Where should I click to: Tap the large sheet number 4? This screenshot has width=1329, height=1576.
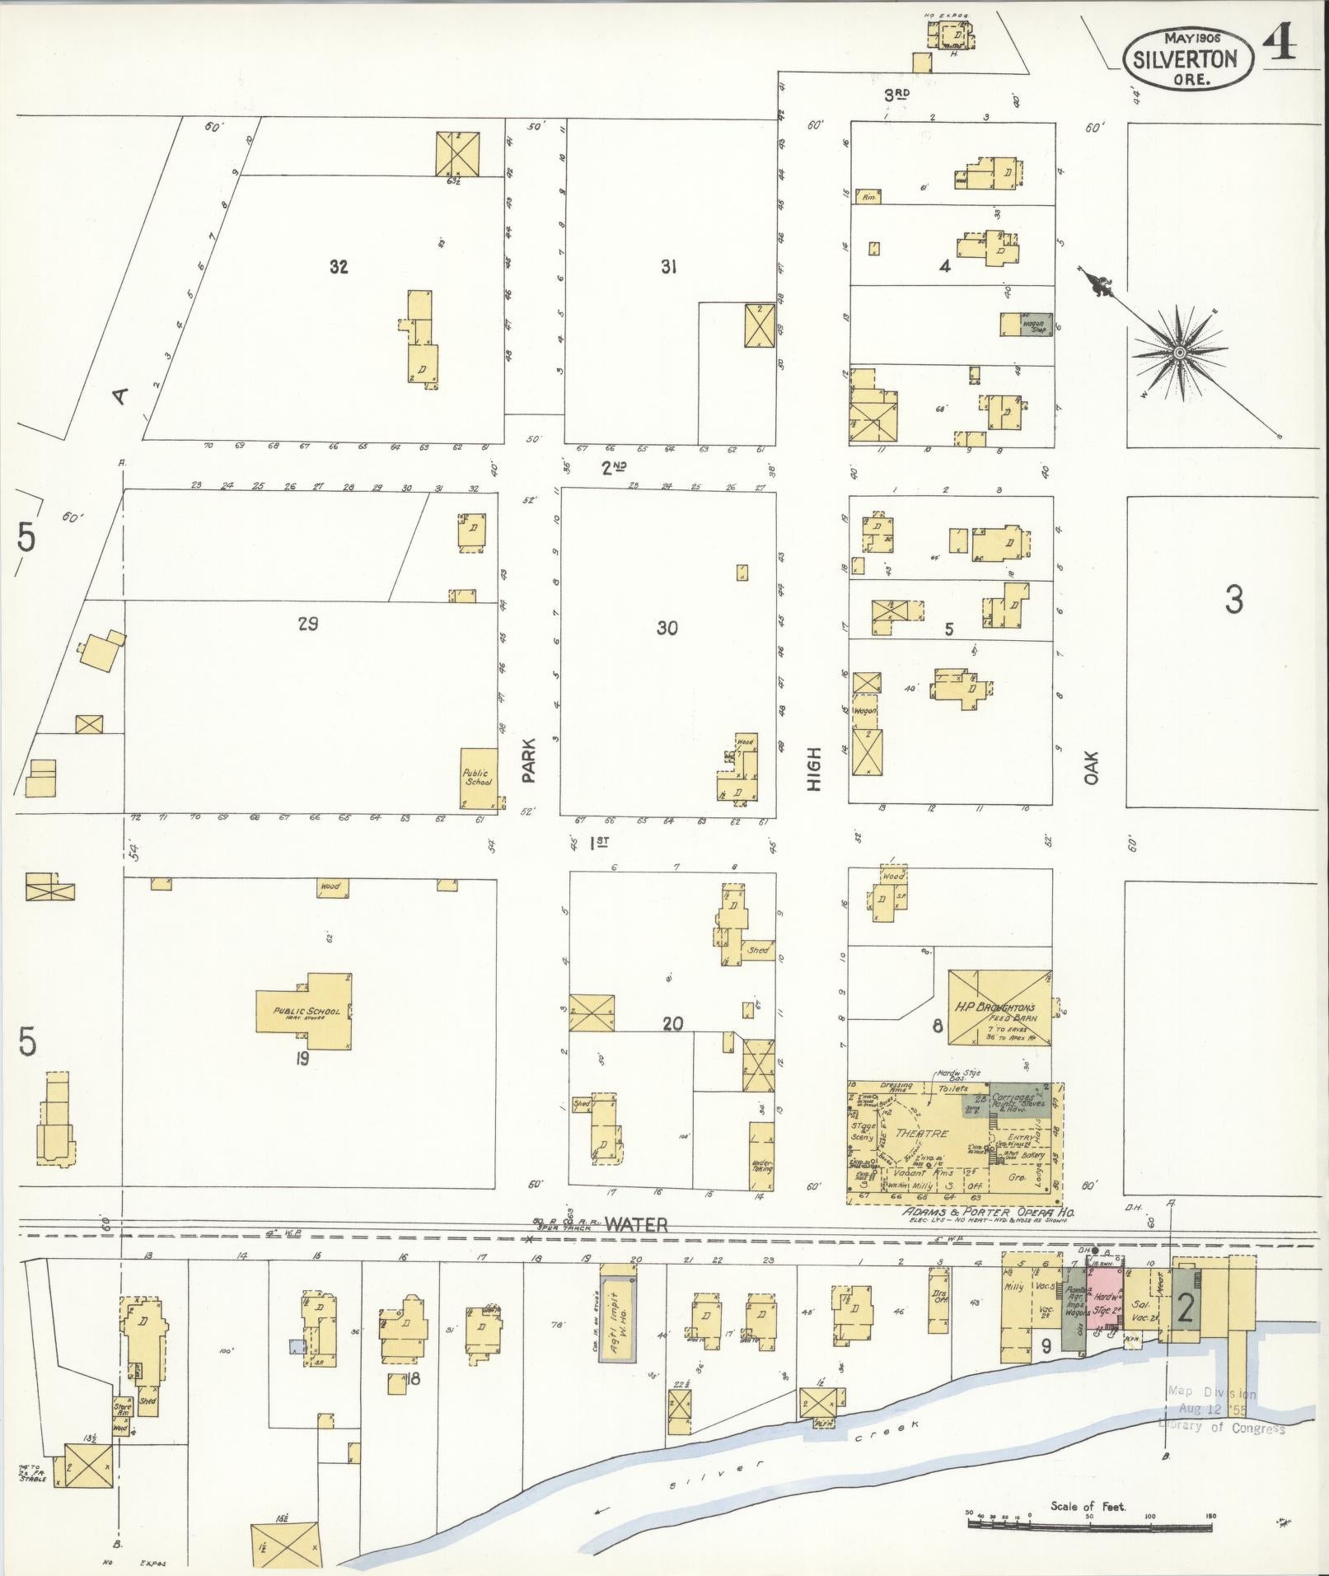[x=1277, y=43]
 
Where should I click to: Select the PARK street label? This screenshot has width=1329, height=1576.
[x=528, y=760]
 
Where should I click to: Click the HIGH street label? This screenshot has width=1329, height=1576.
[x=814, y=769]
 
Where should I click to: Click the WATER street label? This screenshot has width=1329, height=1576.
[x=635, y=1225]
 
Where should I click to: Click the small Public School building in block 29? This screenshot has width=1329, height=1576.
[x=478, y=778]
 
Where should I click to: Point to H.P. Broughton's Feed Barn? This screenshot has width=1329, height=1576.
[x=998, y=1008]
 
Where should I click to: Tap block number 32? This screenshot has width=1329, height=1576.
[x=339, y=267]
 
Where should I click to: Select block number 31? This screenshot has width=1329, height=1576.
[x=668, y=267]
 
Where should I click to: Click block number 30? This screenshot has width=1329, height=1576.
[x=667, y=628]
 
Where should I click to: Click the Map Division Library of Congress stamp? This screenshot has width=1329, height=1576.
[x=1224, y=1410]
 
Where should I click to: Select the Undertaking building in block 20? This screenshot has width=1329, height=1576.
[x=761, y=1155]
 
